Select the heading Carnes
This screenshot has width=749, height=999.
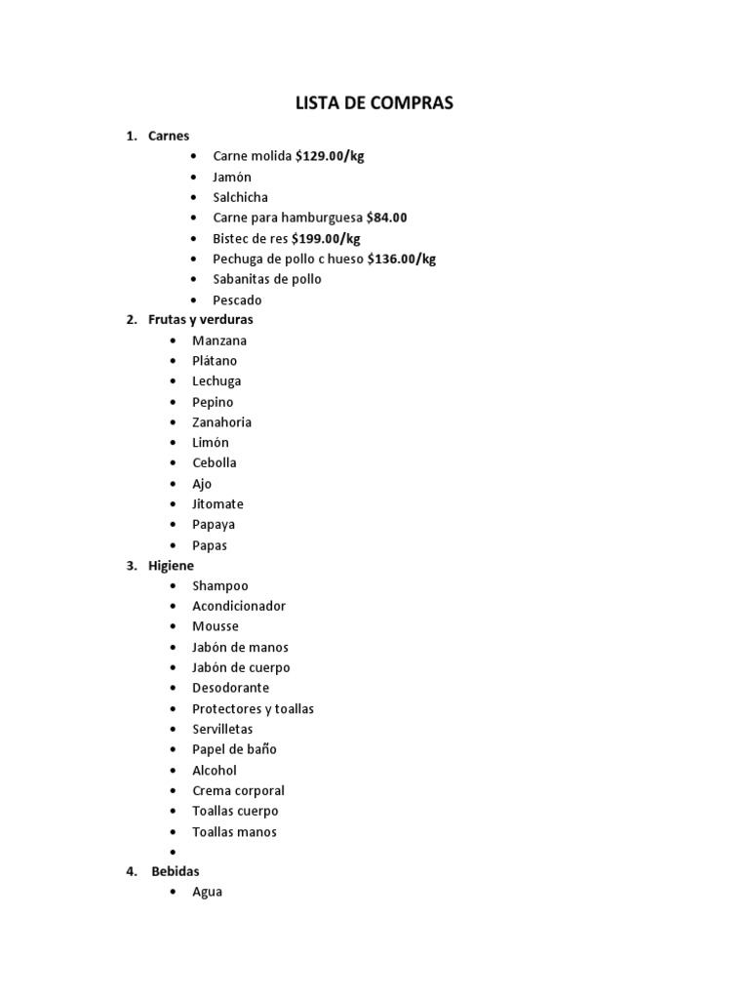coord(169,136)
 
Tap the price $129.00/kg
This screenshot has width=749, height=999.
coord(330,156)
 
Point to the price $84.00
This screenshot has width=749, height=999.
coord(386,218)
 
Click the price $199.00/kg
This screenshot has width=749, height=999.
coord(326,238)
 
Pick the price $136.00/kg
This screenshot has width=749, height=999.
coord(402,259)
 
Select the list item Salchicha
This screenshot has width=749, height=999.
coord(240,197)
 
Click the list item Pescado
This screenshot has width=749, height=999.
coord(237,300)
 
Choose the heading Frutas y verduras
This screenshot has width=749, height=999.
coord(200,319)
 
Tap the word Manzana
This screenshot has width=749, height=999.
coord(219,340)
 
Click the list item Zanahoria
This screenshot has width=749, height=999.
coord(221,422)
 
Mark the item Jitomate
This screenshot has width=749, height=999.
coord(217,504)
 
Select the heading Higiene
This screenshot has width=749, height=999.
coord(171,566)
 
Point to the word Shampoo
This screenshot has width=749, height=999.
coord(220,585)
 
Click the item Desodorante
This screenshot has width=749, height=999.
coord(230,688)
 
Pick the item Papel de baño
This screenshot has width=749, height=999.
coord(234,749)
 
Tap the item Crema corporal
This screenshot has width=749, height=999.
coord(238,790)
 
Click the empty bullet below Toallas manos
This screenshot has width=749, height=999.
coord(173,852)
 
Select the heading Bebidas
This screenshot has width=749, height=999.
coord(176,871)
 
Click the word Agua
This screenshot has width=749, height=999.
coord(207,892)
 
